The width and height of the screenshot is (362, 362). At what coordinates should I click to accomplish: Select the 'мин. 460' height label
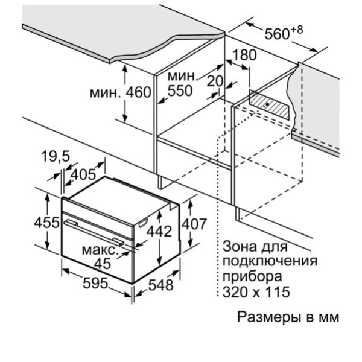pyautogui.click(x=119, y=93)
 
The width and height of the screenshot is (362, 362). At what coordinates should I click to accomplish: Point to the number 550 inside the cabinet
pyautogui.click(x=179, y=91)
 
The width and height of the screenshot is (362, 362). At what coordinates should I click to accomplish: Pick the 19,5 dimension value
pyautogui.click(x=56, y=157)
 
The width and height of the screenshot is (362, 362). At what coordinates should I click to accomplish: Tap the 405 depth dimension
pyautogui.click(x=83, y=175)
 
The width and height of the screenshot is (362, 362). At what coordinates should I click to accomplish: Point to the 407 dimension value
pyautogui.click(x=196, y=223)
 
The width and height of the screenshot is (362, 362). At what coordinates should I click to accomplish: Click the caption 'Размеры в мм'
pyautogui.click(x=288, y=317)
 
